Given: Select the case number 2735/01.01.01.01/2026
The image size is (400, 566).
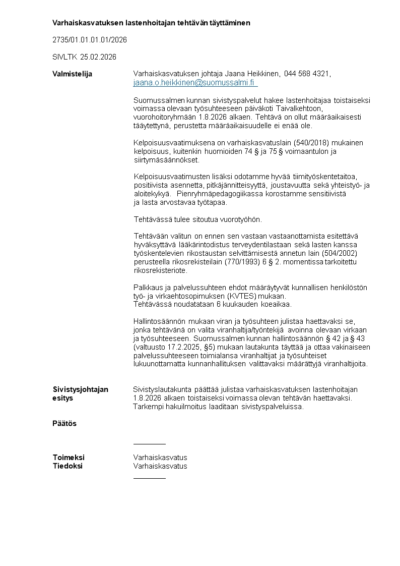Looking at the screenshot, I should point(90,39).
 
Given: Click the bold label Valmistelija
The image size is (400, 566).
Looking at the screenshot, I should point(73,74).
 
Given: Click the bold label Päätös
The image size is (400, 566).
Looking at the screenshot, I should point(64,423).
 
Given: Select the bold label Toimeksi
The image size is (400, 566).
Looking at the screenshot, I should point(69,458).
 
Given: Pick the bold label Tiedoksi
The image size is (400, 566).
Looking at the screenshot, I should point(68,466).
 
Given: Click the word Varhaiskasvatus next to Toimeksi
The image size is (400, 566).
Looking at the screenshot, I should point(160,458).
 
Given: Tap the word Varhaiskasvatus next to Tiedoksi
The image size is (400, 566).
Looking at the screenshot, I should point(160,466).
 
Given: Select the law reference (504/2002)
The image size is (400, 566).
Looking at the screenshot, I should point(347,253).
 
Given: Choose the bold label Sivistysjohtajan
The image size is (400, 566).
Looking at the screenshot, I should point(80,389).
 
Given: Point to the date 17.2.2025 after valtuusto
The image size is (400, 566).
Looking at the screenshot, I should point(181,348).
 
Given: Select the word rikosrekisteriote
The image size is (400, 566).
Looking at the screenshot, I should point(161,270).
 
